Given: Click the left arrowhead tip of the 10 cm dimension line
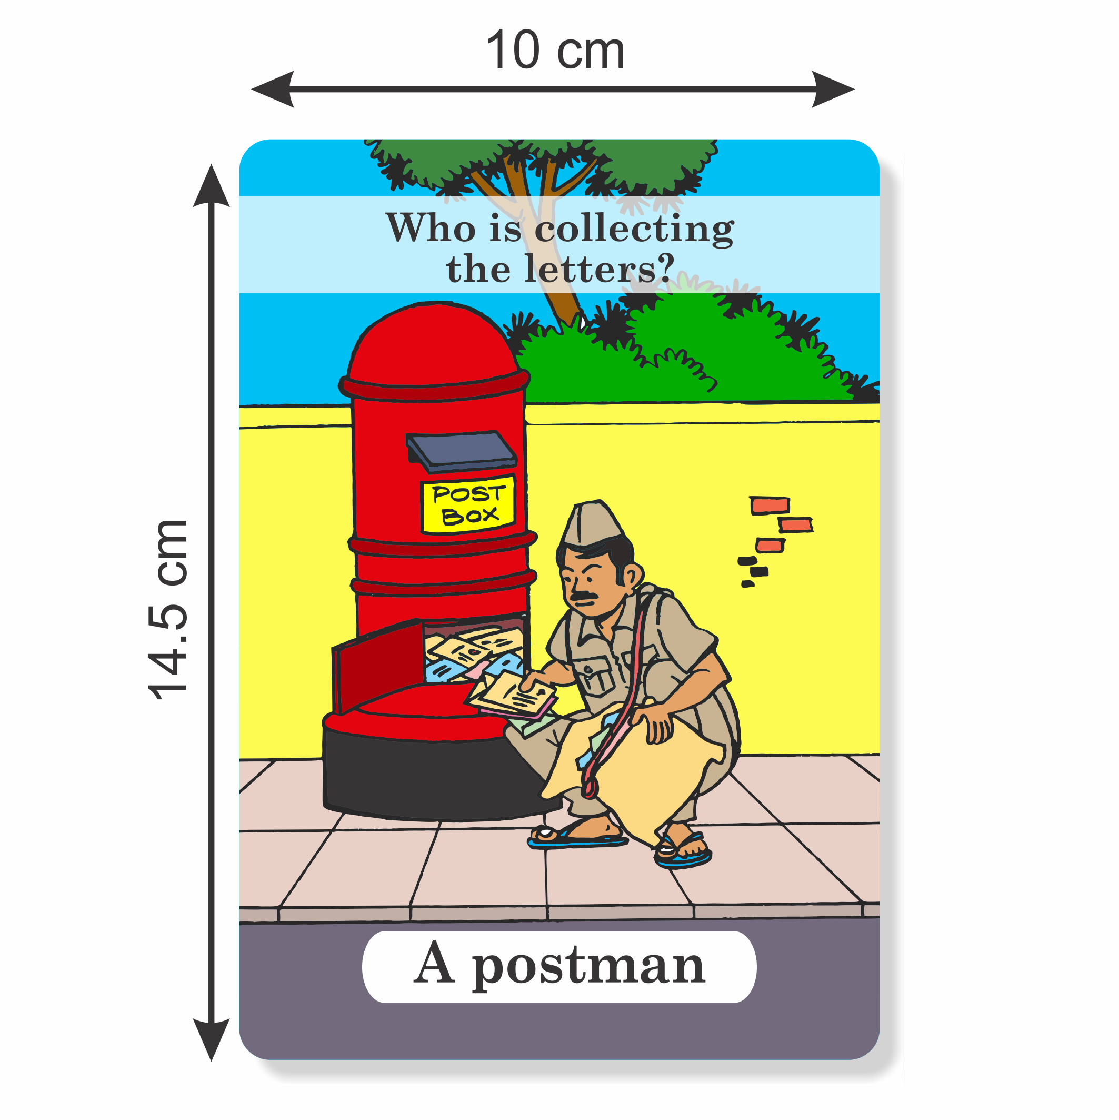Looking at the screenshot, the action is click(252, 90).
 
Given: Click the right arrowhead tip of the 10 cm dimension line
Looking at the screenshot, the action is click(855, 90).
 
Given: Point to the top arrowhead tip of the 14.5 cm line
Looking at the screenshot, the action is click(212, 165).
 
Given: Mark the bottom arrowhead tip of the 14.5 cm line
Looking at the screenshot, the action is click(212, 1061).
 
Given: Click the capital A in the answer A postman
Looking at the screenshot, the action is click(434, 964).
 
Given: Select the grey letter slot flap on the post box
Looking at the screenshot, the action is click(461, 452).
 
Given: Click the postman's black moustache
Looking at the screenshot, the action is click(585, 595).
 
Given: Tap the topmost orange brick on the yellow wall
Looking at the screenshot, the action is click(770, 506).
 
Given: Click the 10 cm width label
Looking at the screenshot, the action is click(555, 51).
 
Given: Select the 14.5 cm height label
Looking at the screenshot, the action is click(168, 610).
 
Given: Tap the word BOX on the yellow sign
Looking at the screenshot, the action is click(470, 516).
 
